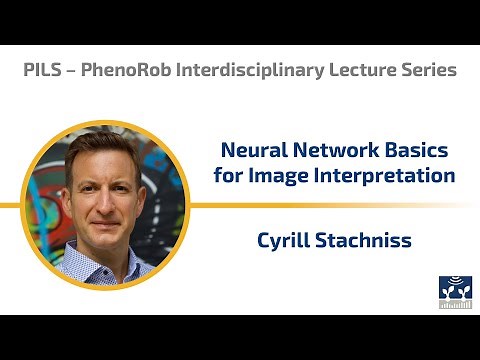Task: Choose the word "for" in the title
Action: pos(228,176)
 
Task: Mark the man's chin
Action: pos(108,235)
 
